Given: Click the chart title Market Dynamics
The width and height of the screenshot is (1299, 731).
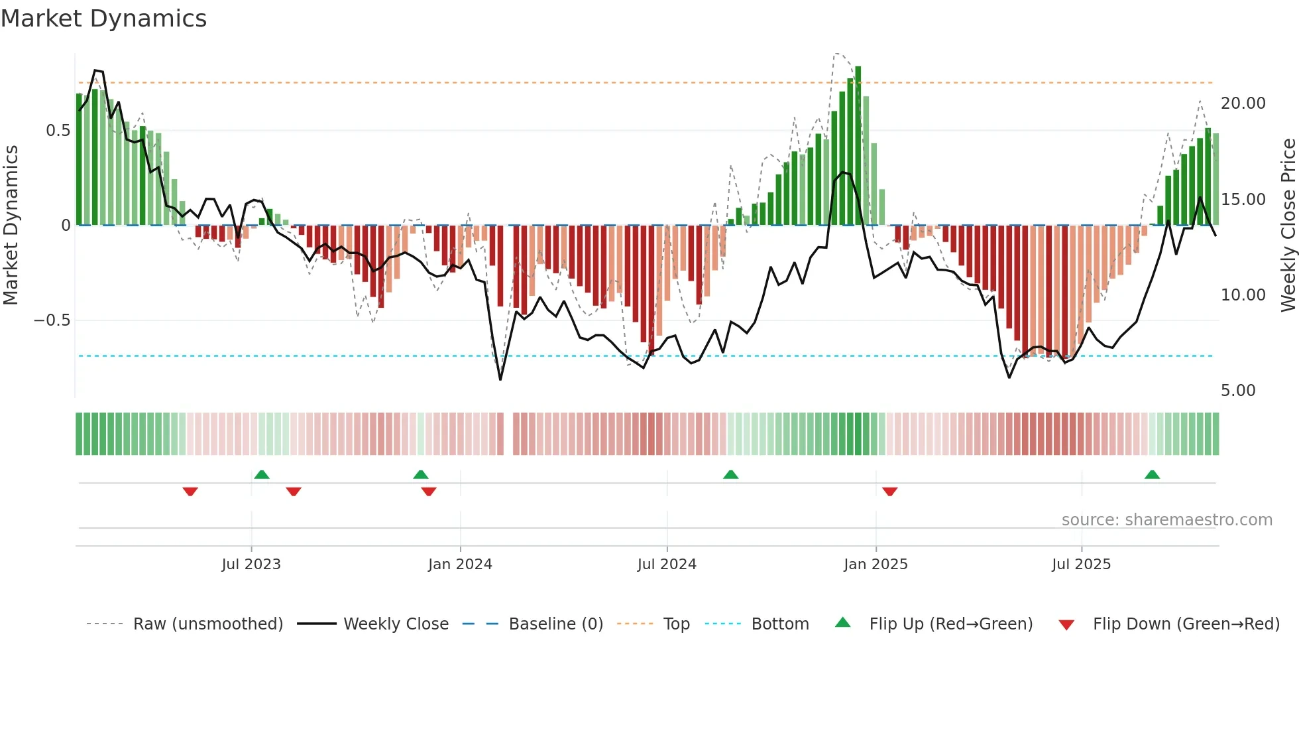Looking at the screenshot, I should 103,19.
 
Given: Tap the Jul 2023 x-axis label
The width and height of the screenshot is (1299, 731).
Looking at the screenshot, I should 251,565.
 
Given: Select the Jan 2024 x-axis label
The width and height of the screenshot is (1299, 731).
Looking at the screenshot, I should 460,565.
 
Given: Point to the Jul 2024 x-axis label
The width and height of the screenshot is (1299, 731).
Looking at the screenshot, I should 667,565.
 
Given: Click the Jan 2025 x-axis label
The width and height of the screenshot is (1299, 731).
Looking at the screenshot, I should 875,565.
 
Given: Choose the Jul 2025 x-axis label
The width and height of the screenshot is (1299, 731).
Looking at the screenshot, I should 1081,565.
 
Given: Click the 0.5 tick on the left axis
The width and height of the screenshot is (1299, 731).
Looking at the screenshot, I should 58,131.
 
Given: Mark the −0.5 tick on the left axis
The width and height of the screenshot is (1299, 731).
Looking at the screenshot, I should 52,320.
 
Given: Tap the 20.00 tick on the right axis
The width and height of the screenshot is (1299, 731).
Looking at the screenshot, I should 1243,103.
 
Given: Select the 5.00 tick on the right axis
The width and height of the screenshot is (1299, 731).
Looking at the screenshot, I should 1238,391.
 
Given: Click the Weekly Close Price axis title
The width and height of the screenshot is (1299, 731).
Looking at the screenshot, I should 1288,226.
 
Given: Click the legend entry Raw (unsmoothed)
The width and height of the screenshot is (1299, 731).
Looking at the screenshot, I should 207,624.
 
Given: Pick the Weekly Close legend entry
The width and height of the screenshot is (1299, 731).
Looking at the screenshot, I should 396,624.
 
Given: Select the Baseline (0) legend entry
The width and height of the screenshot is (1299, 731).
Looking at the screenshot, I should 555,624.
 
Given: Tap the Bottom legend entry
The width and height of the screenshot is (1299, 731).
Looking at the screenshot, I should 779,624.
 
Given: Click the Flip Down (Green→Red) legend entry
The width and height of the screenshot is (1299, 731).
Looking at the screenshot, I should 1186,624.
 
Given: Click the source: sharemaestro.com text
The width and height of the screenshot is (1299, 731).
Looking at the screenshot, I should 1166,520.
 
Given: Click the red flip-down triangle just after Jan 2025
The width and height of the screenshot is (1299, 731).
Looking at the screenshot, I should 889,492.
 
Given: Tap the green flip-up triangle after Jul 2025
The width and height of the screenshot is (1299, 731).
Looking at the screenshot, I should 1152,474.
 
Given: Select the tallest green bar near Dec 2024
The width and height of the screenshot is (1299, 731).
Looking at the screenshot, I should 858,146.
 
